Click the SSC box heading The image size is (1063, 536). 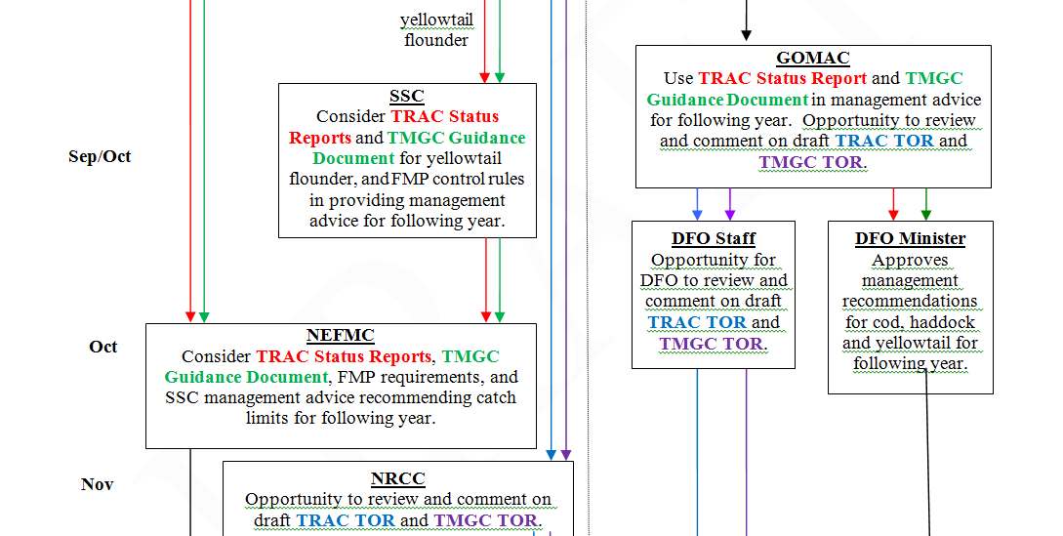[407, 96]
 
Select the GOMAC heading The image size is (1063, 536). [812, 58]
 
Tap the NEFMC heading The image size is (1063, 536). [340, 336]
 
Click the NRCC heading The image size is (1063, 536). [397, 478]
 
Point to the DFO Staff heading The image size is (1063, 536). [713, 238]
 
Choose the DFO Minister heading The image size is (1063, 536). [910, 238]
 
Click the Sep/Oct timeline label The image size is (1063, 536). [100, 156]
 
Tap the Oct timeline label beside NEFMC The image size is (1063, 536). [103, 347]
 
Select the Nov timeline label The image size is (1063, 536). [97, 484]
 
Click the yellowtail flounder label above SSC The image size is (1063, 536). [435, 30]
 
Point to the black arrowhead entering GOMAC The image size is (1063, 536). [746, 36]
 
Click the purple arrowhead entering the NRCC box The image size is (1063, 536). [566, 454]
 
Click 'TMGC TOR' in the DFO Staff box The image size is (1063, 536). [713, 344]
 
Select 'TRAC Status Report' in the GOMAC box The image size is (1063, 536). [782, 78]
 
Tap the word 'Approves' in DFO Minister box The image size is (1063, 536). [910, 261]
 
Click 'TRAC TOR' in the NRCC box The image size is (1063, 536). [347, 520]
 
